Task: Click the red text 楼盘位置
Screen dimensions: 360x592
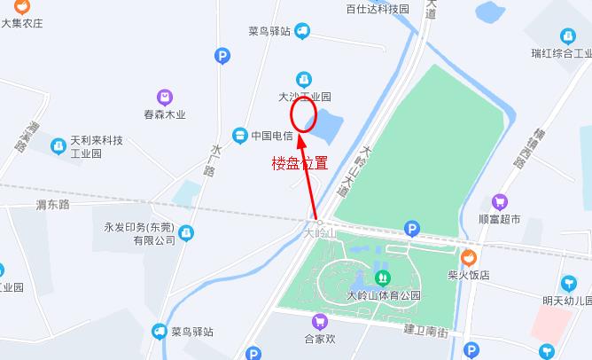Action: click(300, 163)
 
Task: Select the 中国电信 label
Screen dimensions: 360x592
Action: click(272, 136)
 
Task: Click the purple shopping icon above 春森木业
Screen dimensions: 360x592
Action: click(165, 97)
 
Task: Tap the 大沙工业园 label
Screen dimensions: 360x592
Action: click(305, 97)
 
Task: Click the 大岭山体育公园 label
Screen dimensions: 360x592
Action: click(384, 296)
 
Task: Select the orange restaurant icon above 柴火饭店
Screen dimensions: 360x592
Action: click(469, 257)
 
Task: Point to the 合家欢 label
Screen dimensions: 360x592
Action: click(320, 338)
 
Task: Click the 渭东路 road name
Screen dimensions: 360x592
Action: click(52, 205)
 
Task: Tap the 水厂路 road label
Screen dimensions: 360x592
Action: click(211, 159)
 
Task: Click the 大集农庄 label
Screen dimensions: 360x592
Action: click(22, 23)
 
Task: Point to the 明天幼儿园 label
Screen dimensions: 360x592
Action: click(567, 301)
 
